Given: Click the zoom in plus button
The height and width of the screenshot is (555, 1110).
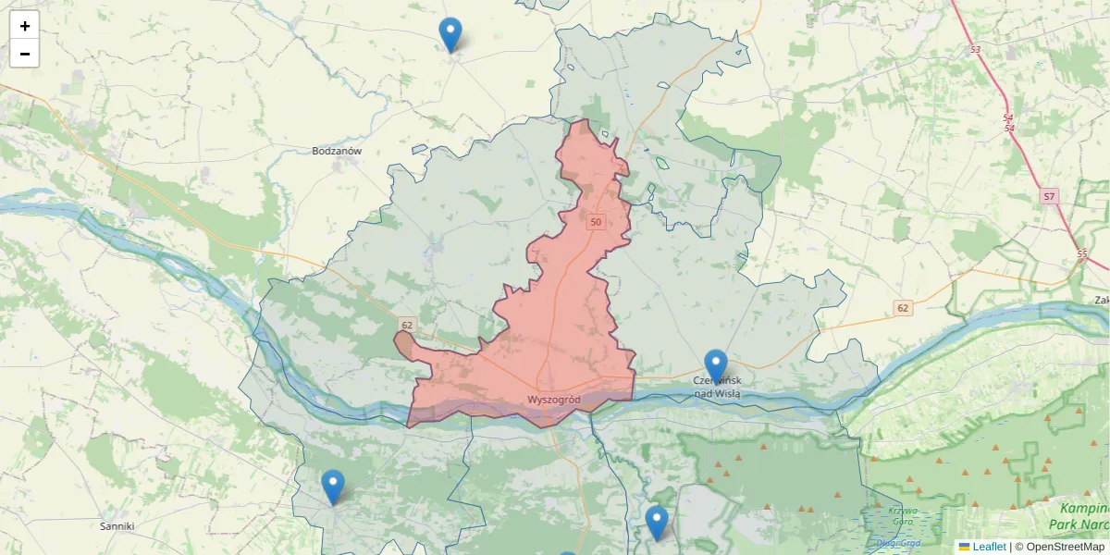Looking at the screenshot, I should pos(25,26).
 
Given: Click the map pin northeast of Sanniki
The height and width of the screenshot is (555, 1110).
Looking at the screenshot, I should pos(333,487).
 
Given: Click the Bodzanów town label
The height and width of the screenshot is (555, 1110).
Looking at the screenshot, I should pos(337,151).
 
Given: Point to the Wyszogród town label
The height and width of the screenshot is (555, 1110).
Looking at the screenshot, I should pos(553,400).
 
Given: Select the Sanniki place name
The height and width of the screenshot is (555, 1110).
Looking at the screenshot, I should pos(117,526).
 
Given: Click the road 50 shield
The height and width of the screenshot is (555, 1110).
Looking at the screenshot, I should pos(595,222).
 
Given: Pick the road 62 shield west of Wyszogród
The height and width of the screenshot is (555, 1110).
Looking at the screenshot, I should pos(406,325).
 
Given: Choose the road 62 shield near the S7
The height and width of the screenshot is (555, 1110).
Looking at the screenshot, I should pos(904,307).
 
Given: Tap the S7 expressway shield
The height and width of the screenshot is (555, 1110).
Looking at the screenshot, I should pos(1048,197).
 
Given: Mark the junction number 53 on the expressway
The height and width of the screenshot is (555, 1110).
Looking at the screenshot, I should pos(975,48).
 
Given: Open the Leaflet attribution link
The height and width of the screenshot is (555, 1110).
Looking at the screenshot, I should pos(989,547).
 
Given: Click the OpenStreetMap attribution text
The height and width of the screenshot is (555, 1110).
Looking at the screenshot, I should pos(1065,547).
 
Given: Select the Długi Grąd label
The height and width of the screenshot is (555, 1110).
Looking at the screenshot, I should pos(892,544).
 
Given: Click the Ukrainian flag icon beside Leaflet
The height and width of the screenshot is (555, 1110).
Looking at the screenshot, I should pos(964,547).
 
